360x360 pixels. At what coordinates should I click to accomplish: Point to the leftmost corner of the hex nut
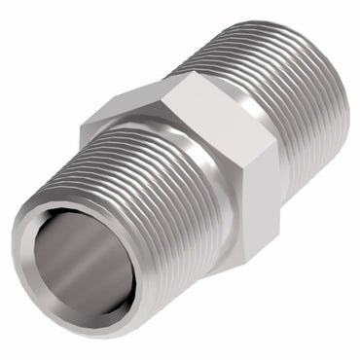point(82,121)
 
